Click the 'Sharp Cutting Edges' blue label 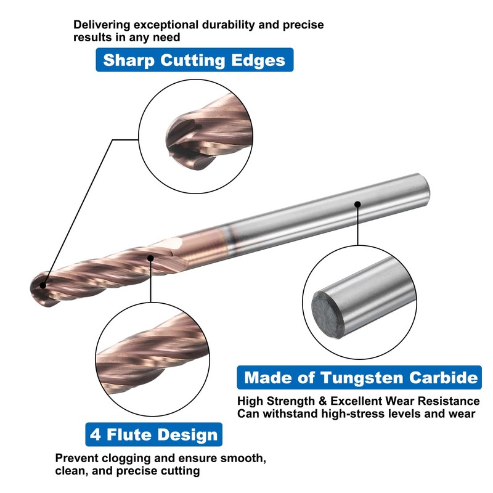[194, 60]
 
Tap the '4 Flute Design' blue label [153, 434]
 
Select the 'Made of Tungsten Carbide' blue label [361, 377]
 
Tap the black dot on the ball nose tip [42, 285]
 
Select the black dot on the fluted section [151, 258]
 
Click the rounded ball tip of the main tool [38, 287]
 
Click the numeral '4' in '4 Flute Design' [96, 434]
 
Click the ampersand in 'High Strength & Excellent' [324, 401]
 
